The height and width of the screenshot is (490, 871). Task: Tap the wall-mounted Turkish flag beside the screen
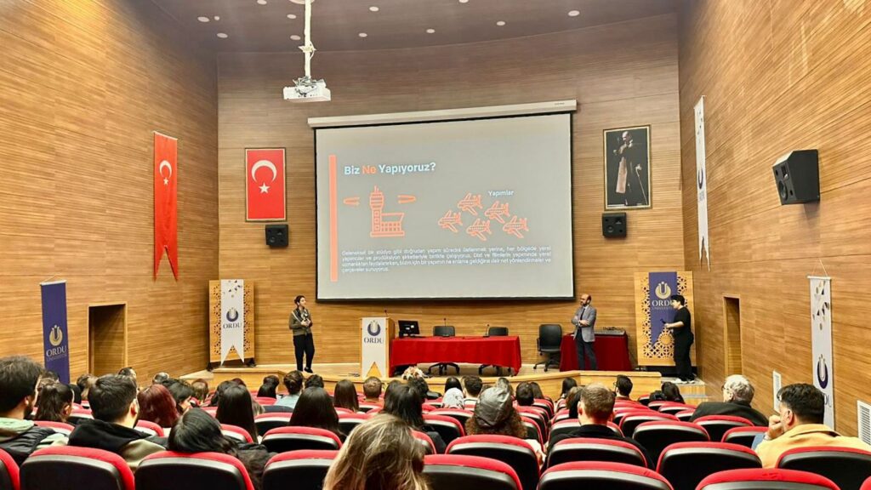265,184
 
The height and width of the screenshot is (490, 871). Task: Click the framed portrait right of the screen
627,168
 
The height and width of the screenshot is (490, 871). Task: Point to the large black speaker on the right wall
795,176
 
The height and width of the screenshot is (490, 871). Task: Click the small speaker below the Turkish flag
276,236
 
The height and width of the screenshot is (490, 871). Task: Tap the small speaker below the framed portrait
613,225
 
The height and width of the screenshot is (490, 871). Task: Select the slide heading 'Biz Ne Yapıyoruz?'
390,168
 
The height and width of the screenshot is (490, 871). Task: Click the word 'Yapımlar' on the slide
500,193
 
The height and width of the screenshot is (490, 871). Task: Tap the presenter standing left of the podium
302,333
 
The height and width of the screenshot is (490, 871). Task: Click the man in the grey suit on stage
584,330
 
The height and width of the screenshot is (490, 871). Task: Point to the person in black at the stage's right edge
681,337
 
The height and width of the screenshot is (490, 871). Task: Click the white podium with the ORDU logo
373,346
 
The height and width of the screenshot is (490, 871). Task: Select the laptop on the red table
408,328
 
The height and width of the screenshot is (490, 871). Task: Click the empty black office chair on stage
549,345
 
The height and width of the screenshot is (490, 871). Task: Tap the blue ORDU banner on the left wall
55,329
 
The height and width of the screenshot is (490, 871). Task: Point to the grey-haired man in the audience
735,401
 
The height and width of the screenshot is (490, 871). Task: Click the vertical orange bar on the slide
333,218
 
